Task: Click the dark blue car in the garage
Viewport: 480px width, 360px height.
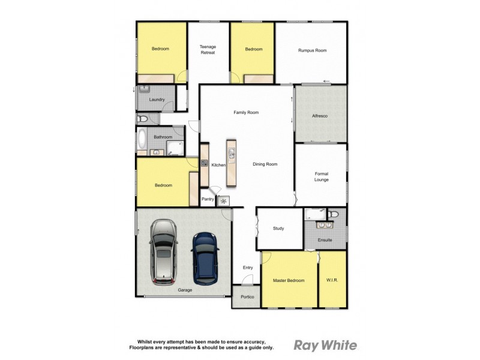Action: [x=204, y=259]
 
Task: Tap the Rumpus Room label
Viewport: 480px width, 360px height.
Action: [x=312, y=50]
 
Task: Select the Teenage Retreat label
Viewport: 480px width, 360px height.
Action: [x=208, y=50]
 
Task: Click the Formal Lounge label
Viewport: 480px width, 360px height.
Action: [x=322, y=176]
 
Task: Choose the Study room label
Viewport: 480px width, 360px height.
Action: [x=278, y=229]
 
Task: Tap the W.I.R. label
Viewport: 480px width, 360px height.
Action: [x=332, y=280]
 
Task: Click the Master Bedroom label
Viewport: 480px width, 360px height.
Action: [x=289, y=280]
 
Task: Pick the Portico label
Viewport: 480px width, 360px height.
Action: [x=247, y=297]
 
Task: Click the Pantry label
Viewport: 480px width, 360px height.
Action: [x=208, y=199]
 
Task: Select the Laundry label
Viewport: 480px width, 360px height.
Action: [x=157, y=100]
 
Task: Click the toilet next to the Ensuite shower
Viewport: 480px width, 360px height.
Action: [x=334, y=214]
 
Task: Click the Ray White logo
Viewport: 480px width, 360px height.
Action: [x=325, y=345]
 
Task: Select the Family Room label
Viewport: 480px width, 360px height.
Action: [x=246, y=112]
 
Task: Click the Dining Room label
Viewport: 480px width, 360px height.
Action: [x=265, y=164]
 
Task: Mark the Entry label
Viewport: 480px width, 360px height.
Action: [x=248, y=268]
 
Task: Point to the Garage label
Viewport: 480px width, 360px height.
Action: [x=185, y=290]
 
